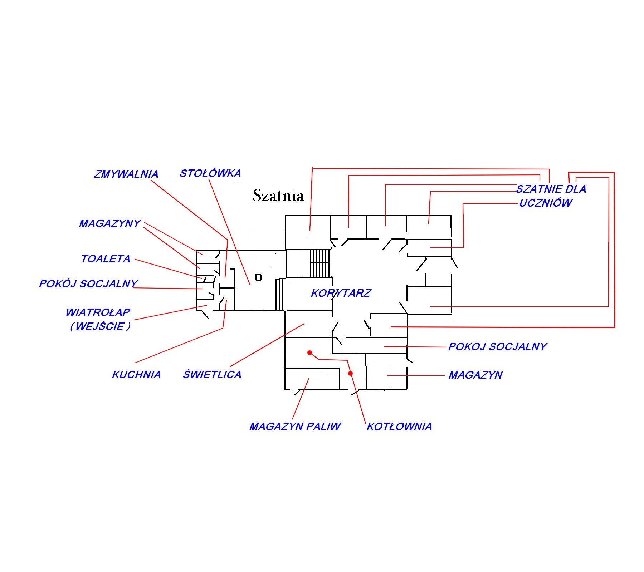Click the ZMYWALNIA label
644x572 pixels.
click(126, 174)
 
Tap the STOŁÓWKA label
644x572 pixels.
click(210, 173)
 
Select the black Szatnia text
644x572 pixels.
click(278, 196)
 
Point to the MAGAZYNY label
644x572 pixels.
click(110, 223)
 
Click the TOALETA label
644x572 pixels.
click(106, 259)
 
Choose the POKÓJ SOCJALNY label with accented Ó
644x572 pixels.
click(88, 284)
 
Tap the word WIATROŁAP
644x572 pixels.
click(98, 312)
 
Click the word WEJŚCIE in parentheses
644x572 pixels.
click(100, 326)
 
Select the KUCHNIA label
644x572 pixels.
click(136, 375)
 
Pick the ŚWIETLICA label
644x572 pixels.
click(212, 374)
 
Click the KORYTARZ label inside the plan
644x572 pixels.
click(341, 293)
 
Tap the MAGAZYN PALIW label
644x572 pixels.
click(295, 426)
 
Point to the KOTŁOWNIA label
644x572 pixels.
click(399, 426)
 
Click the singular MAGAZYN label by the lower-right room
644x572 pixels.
click(475, 375)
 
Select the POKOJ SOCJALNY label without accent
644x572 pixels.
click(498, 347)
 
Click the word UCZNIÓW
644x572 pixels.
click(546, 203)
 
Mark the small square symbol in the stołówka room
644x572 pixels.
click(258, 277)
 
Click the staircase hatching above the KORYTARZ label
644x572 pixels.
click(320, 263)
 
